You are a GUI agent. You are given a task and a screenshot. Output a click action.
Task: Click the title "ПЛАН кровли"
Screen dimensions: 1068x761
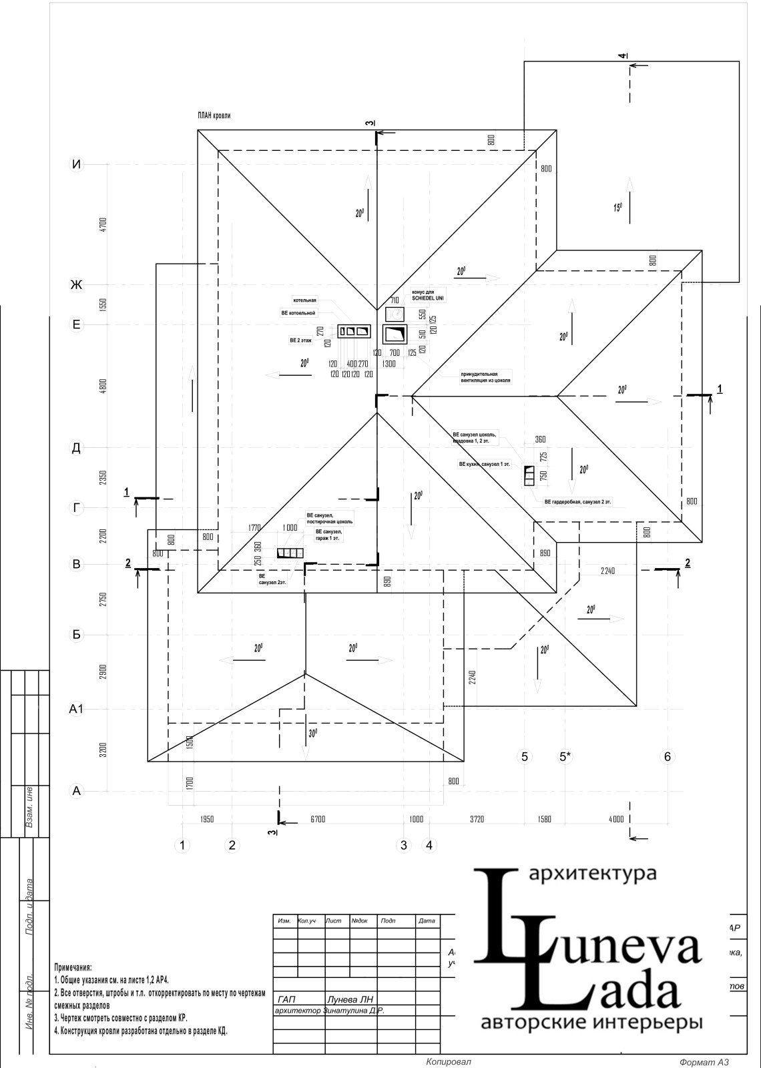(214, 115)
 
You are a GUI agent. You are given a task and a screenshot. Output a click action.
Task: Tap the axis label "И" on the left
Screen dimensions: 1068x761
(77, 164)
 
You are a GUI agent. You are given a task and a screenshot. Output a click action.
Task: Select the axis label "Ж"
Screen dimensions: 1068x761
(77, 285)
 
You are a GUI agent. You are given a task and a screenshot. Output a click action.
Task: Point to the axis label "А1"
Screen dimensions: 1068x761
(77, 709)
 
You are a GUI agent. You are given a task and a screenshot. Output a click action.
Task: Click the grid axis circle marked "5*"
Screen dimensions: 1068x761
(565, 756)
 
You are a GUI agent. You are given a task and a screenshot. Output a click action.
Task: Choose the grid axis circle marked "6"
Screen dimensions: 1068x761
(667, 756)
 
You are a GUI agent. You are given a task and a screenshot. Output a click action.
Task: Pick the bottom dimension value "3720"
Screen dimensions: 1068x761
(477, 819)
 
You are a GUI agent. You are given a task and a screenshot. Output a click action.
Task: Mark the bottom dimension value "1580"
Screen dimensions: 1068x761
(544, 819)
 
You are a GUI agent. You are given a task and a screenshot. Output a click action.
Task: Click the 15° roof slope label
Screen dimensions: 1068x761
(617, 208)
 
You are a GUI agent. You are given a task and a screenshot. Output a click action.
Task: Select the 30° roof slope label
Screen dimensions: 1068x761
(312, 733)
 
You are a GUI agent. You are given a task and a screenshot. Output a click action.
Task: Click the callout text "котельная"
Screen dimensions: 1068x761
(304, 300)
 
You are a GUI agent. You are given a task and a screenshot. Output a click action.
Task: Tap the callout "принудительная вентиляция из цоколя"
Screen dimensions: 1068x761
(485, 377)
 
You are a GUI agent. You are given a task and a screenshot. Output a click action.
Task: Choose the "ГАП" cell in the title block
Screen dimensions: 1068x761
(286, 999)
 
